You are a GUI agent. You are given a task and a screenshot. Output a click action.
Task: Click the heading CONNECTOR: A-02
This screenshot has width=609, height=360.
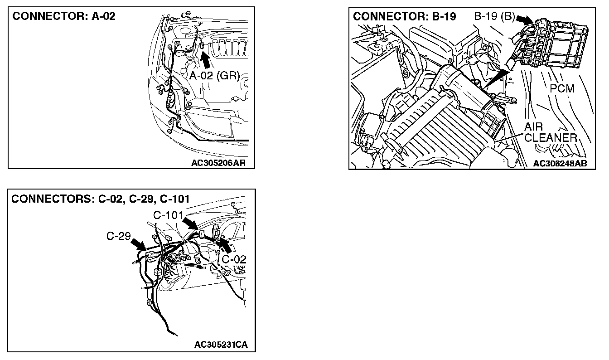tap(64, 17)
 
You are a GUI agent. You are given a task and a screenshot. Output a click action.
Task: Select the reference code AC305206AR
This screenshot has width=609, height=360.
tap(218, 163)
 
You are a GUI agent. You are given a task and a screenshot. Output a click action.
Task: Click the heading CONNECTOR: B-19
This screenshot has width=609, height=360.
tap(405, 17)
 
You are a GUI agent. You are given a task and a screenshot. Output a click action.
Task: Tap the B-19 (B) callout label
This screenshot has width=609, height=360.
tap(494, 17)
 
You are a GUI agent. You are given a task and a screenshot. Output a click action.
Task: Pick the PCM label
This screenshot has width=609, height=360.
tap(562, 88)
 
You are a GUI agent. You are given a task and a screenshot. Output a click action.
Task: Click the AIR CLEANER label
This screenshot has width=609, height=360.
tap(550, 132)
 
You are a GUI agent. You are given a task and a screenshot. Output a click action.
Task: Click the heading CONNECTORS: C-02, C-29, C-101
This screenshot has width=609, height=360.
tap(101, 199)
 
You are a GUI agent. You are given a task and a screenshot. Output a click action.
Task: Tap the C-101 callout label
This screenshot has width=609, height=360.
tap(168, 216)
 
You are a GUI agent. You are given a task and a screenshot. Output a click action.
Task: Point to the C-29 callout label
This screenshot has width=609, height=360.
tap(118, 236)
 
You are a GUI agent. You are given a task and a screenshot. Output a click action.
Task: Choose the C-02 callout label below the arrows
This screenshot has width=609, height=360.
tap(234, 259)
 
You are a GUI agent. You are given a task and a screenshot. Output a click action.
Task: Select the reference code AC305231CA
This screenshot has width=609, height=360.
tap(221, 345)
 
